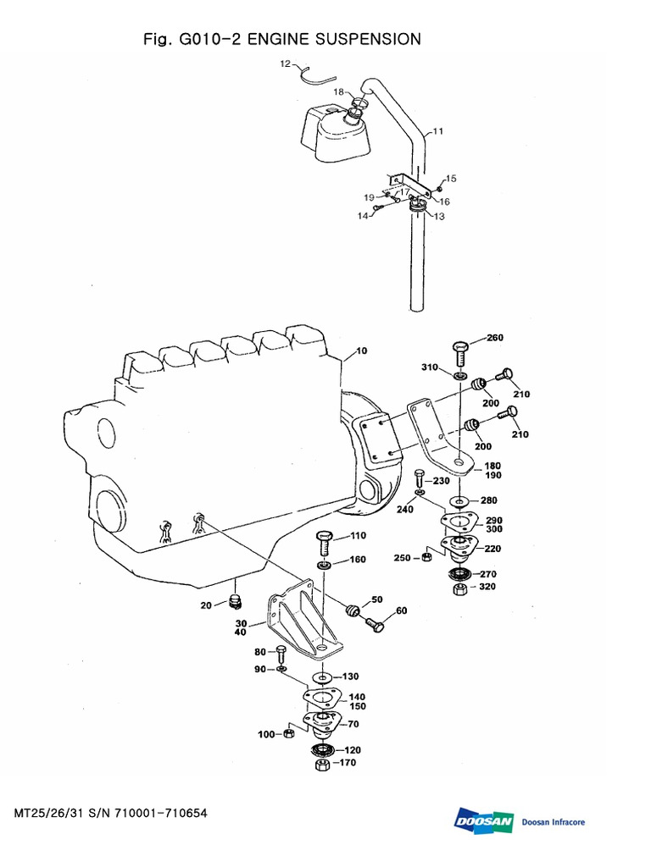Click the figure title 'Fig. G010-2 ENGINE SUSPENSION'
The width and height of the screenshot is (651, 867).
283,39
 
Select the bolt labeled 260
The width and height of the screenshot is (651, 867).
460,351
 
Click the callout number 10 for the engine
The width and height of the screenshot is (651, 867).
363,351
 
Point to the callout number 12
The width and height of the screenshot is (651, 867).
286,63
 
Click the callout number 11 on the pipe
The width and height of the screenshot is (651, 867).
437,131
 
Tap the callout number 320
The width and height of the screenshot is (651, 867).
487,587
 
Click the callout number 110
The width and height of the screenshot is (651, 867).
357,536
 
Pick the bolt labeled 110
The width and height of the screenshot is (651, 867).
325,541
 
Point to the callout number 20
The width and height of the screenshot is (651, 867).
206,605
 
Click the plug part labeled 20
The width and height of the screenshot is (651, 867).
236,602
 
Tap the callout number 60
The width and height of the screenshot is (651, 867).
401,610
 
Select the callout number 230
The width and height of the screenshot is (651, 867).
441,480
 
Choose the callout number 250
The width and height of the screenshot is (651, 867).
402,558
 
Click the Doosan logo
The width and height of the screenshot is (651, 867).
484,821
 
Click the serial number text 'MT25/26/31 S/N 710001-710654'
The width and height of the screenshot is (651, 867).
111,814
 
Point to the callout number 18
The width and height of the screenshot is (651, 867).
338,91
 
